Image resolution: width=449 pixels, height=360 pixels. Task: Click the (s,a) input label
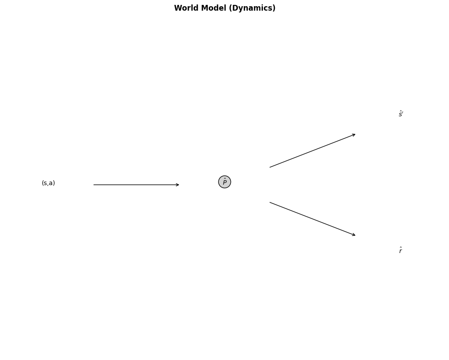48,183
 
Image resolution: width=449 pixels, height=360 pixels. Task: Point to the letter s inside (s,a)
45,183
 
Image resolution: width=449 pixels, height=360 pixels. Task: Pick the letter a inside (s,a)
51,183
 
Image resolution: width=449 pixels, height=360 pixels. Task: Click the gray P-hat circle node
225,182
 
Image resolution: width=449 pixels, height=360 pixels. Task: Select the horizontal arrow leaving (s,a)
136,185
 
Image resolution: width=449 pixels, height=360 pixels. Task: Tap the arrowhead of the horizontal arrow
179,185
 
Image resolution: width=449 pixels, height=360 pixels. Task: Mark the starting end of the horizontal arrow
94,185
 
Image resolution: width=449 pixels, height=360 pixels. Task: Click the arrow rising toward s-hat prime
313,150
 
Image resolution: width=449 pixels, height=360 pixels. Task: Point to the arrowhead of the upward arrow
355,134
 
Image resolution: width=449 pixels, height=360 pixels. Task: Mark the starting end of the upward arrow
270,167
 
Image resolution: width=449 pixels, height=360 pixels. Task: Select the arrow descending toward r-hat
313,219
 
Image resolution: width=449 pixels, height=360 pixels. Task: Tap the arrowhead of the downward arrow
355,235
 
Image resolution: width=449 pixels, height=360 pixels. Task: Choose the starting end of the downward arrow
270,202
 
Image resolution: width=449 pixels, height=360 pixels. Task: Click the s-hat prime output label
401,115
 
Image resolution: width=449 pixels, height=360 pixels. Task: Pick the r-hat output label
400,251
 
